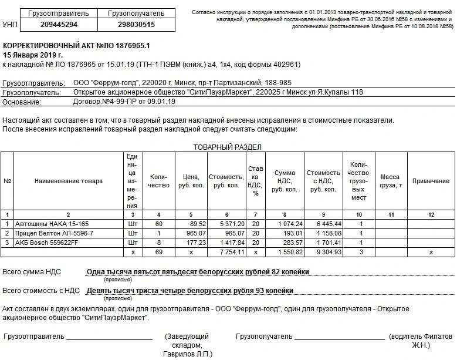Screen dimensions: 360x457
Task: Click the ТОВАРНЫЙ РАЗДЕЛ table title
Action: coord(228,147)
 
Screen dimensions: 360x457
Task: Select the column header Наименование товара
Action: coord(69,181)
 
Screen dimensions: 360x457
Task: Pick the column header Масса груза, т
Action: coord(390,181)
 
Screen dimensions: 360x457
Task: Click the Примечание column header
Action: coord(431,181)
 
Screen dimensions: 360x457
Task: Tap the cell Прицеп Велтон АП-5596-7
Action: coord(53,233)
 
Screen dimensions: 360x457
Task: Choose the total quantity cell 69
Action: coord(159,252)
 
